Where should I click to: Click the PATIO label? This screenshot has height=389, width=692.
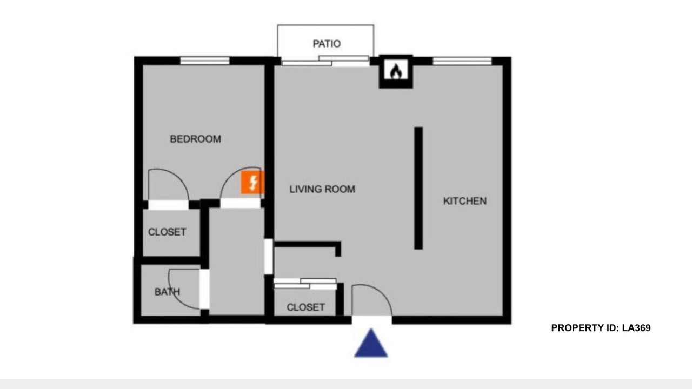(327, 44)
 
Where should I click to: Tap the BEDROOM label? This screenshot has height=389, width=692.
(196, 139)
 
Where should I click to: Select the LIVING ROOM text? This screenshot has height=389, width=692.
(322, 189)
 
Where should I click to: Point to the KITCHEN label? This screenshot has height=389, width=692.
(465, 201)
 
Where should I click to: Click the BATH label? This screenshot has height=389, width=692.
(167, 292)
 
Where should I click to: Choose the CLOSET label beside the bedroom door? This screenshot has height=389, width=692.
(167, 232)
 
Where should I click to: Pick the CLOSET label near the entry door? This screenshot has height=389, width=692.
(306, 307)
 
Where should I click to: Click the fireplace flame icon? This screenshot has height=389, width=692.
(396, 71)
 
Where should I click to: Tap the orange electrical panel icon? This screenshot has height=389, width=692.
(252, 183)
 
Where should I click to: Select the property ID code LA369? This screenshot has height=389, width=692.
(636, 328)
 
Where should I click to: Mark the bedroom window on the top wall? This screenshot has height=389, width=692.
(205, 61)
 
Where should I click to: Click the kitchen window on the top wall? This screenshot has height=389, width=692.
(462, 61)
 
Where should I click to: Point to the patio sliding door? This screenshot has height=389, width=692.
(325, 61)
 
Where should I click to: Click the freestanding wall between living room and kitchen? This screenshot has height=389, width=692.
(418, 188)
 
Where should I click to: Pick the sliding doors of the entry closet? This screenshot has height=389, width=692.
(305, 284)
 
